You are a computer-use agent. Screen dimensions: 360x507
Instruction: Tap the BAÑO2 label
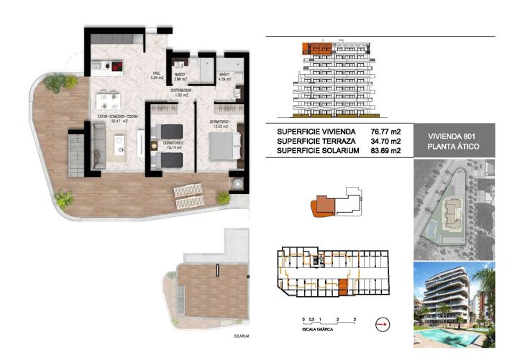180,75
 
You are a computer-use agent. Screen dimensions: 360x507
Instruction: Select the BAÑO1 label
224,75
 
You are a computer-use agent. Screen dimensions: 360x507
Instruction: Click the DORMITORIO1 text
220,121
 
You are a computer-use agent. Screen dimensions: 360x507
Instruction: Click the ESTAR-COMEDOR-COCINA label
114,116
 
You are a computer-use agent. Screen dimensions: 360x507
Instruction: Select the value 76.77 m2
385,132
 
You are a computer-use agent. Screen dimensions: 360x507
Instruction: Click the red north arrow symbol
382,325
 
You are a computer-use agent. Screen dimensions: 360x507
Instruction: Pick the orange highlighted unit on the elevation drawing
316,48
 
